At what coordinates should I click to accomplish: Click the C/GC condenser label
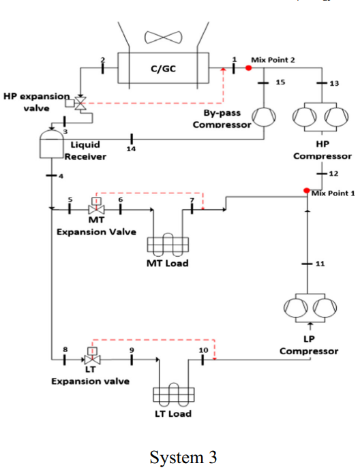click(163, 69)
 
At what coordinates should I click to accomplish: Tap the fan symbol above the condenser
click(163, 37)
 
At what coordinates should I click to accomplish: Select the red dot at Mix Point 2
click(248, 68)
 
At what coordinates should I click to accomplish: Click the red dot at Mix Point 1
click(307, 191)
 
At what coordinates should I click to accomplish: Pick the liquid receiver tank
click(52, 144)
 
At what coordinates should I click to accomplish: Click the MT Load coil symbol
click(168, 245)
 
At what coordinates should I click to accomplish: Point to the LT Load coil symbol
click(174, 394)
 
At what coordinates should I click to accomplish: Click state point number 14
click(131, 148)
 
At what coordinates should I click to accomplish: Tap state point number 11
click(320, 264)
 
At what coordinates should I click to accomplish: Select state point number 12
click(333, 174)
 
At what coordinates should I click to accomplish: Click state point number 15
click(280, 82)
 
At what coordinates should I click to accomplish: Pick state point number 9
click(132, 350)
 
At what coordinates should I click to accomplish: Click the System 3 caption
click(183, 457)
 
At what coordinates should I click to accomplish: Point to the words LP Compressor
click(309, 345)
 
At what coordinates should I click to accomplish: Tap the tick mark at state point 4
click(52, 175)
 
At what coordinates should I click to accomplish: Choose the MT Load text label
click(168, 264)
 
